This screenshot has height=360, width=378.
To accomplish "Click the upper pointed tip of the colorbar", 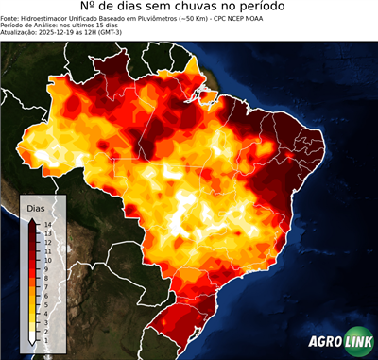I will click(33, 219).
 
